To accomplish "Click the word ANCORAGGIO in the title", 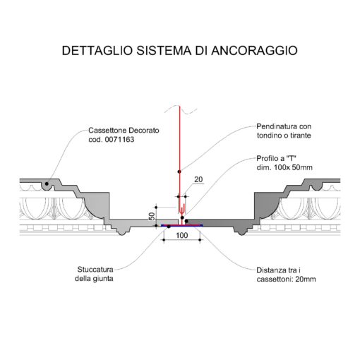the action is [254, 51].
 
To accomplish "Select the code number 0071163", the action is [119, 140].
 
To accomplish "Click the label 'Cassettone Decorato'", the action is [124, 131].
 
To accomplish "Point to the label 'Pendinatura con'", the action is [284, 126].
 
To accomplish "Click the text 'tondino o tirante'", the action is [284, 136].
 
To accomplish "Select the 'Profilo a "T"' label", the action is [276, 158].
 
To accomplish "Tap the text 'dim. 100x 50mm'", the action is [284, 167].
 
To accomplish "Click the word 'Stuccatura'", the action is [95, 270].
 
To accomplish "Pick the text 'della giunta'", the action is [94, 279].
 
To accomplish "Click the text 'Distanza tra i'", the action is [278, 270].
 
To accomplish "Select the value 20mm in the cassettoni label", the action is [306, 280].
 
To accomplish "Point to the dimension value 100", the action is [182, 235].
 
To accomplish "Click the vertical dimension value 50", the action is [152, 216].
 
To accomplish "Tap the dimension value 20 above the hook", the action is [198, 179].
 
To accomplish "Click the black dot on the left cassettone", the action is [47, 184].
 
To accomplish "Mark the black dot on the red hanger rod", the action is [179, 172].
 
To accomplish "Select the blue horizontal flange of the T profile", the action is [182, 226].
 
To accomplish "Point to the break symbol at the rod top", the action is [181, 109].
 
